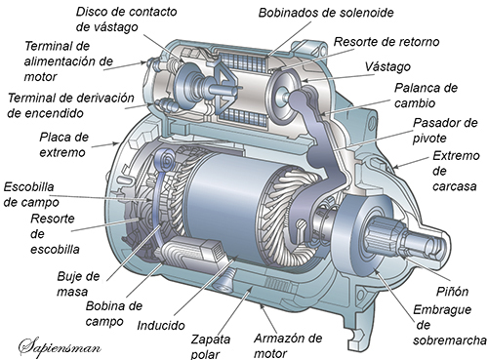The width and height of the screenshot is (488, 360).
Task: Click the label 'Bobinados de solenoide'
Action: [326, 13]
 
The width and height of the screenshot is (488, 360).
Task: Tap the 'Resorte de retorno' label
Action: [386, 42]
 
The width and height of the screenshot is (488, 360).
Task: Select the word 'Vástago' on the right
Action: [387, 67]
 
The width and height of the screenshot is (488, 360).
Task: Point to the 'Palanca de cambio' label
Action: [426, 96]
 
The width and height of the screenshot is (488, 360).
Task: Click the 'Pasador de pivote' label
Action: [445, 131]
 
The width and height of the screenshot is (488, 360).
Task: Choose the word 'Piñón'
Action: [452, 292]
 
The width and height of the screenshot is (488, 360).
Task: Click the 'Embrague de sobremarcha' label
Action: [450, 325]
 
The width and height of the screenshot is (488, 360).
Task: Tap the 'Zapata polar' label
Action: [210, 346]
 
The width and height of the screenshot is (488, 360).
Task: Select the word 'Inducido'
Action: [161, 325]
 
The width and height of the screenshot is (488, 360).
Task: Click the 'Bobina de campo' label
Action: [114, 313]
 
